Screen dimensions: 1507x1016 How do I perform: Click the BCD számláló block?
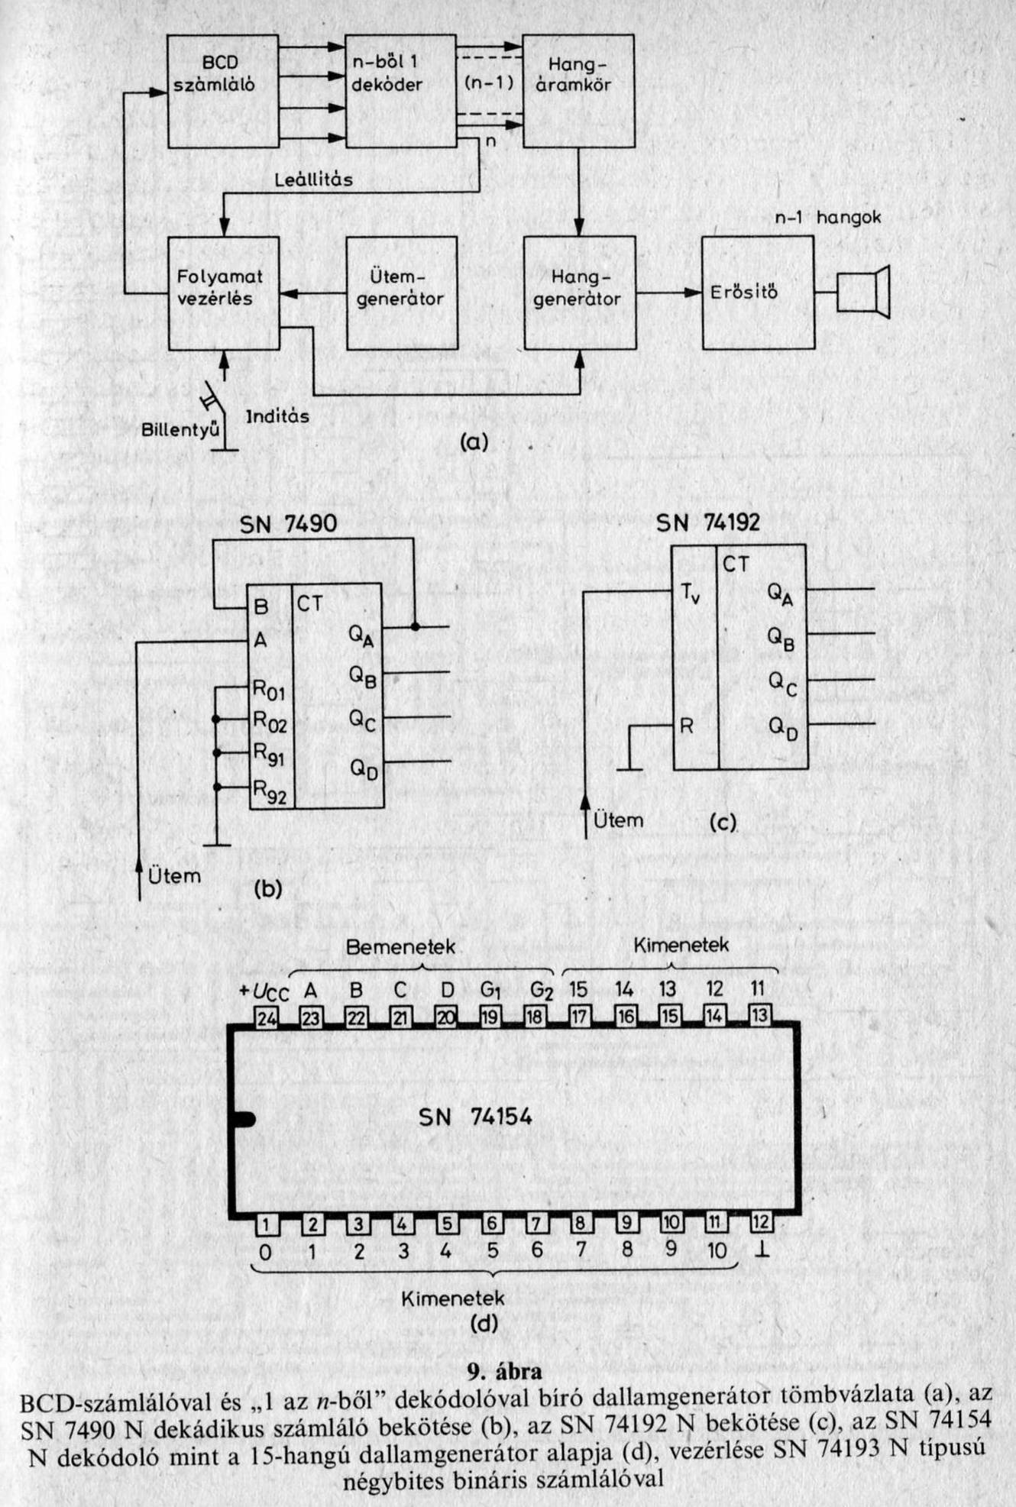coord(223,92)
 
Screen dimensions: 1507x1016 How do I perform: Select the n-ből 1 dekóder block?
coord(401,92)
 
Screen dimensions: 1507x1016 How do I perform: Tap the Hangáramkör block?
coord(578,90)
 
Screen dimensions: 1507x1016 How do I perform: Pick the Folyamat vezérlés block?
coord(223,293)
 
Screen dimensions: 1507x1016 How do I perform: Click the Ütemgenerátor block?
coord(401,293)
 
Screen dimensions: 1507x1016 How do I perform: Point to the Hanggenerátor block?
coord(578,293)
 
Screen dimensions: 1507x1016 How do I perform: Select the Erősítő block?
coord(757,293)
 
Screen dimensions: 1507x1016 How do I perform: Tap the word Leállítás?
coord(314,180)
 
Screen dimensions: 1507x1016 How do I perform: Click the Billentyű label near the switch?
coord(180,430)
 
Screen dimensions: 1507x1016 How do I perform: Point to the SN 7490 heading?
coord(288,524)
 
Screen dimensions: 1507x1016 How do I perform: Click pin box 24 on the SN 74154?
coord(266,1017)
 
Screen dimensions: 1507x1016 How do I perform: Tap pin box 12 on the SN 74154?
coord(760,1222)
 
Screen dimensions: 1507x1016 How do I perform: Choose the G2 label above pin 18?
coord(541,991)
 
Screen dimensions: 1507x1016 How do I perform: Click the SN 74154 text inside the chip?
coord(475,1117)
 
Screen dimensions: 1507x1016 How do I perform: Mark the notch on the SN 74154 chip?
coord(242,1120)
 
